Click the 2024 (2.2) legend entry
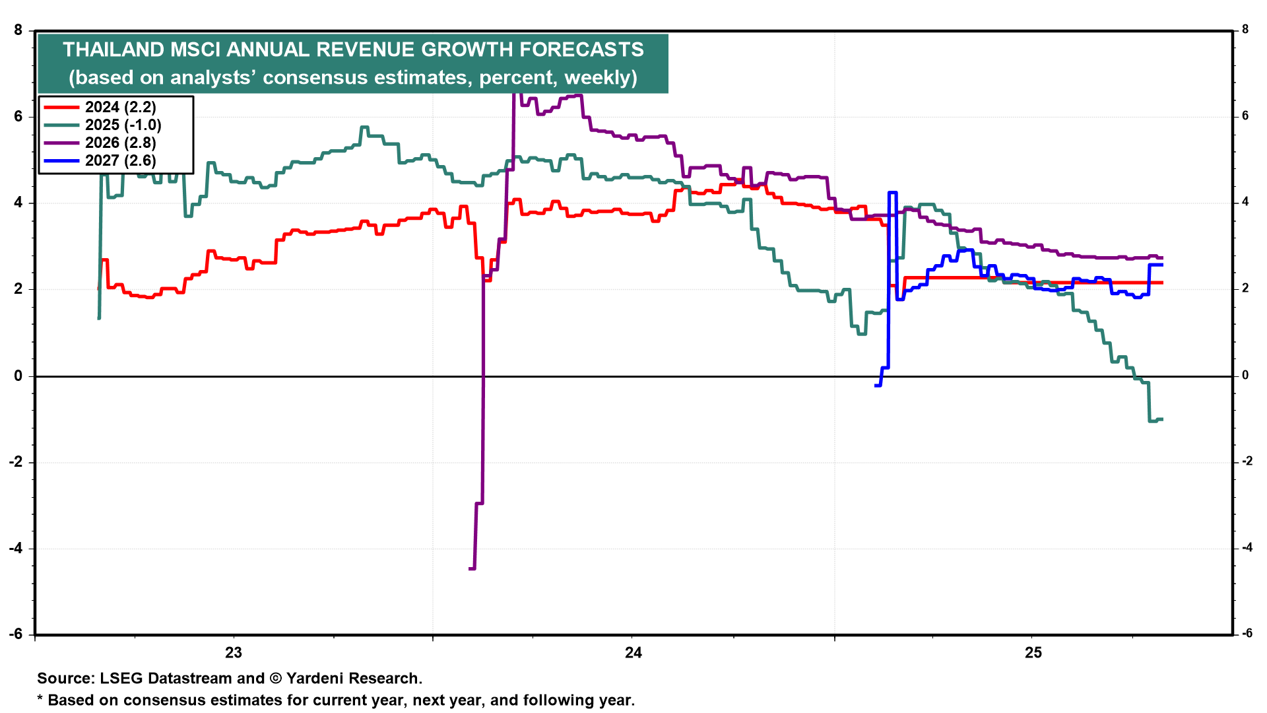[x=120, y=107]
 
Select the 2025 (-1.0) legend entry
[x=123, y=125]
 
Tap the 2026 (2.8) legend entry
[x=120, y=143]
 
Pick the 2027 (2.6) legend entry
[x=120, y=160]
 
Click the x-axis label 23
[x=234, y=653]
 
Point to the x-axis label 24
[x=633, y=653]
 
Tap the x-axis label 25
[x=1033, y=653]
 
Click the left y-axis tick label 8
[x=18, y=30]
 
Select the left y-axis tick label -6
[x=15, y=634]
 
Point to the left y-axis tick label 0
[x=18, y=376]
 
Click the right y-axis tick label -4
[x=1247, y=547]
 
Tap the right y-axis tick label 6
[x=1245, y=116]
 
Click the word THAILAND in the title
[x=114, y=50]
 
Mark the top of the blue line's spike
[x=892, y=192]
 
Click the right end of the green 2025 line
[x=1161, y=419]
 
